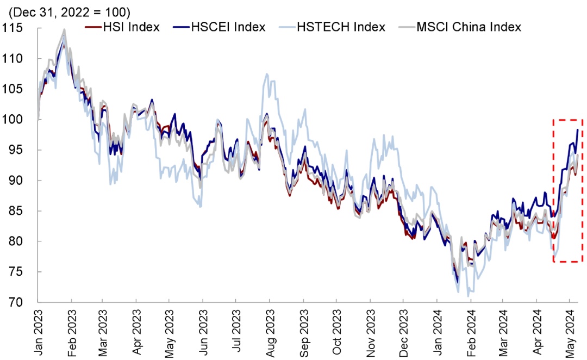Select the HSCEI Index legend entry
(x=228, y=27)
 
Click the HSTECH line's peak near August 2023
(x=266, y=74)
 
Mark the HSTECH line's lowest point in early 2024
(x=468, y=296)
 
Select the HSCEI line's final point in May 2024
(x=577, y=129)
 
